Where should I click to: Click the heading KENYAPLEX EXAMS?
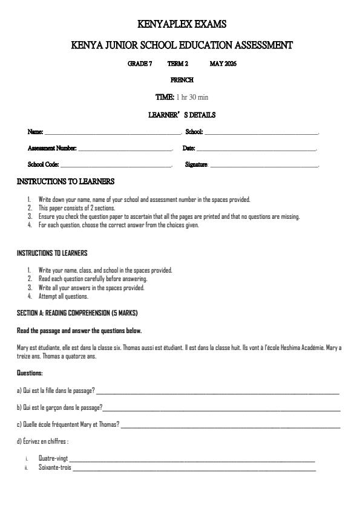[182, 25]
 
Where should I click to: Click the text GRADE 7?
[140, 63]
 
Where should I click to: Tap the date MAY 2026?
[223, 63]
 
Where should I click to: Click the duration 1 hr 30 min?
[192, 97]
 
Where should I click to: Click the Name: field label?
[36, 131]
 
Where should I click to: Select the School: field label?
[194, 131]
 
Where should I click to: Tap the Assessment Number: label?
[52, 148]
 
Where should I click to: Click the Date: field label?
[189, 148]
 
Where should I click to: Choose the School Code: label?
[44, 164]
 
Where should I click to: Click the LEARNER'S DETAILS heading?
[182, 115]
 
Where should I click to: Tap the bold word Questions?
[30, 373]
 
